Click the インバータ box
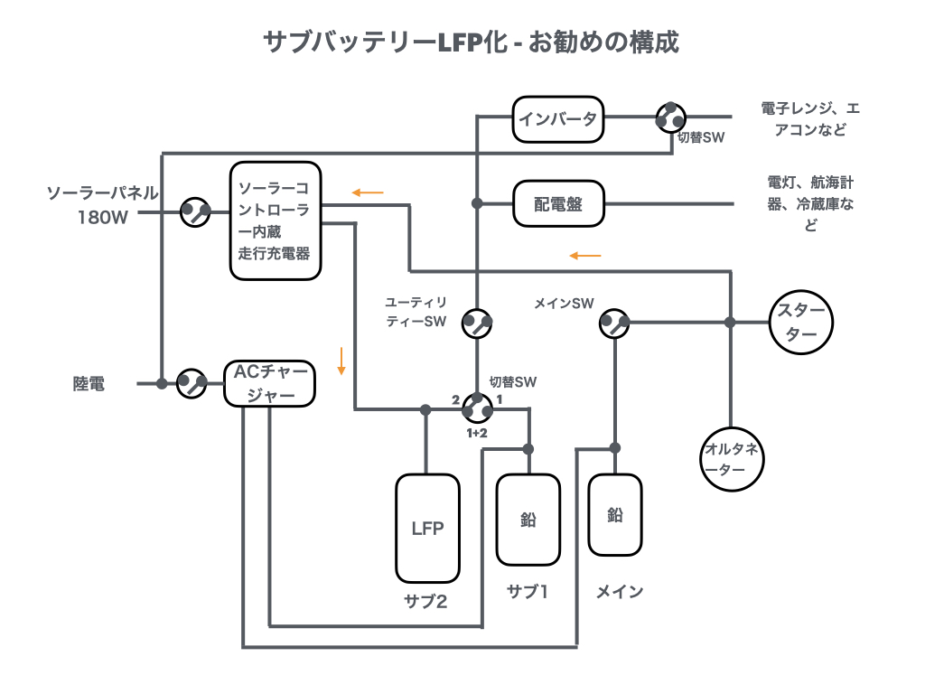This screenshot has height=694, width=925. click(557, 118)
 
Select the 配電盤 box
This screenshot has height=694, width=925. click(557, 204)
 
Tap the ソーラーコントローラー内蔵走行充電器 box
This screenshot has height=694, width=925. click(276, 220)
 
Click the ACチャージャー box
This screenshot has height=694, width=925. click(270, 383)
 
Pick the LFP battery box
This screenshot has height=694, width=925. click(427, 528)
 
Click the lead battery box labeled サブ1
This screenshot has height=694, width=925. click(528, 520)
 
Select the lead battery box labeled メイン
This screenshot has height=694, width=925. click(615, 515)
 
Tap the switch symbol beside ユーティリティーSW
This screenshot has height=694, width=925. click(477, 323)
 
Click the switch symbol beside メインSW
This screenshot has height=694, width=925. click(615, 323)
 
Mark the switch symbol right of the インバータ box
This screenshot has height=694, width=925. click(669, 117)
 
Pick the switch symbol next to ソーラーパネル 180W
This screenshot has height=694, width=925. click(195, 212)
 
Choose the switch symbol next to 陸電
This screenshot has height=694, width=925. click(192, 383)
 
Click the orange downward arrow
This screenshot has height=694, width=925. click(341, 361)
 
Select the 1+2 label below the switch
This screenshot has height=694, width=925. click(477, 434)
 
